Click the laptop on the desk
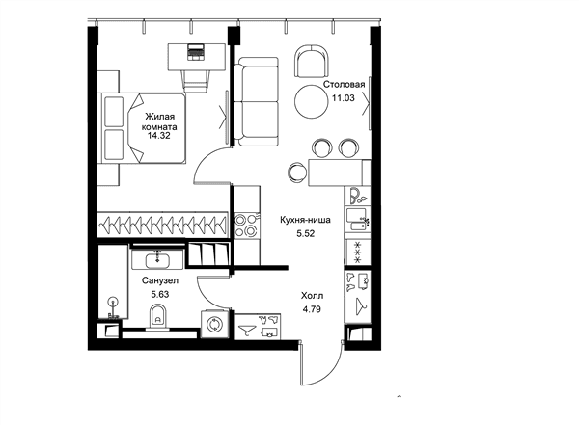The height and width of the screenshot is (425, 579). coord(196,52)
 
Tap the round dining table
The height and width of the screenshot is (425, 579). coord(312,101)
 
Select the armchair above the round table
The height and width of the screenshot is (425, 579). coord(312,62)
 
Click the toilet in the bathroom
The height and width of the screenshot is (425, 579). coord(158,316)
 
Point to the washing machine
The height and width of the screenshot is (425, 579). coord(214,324)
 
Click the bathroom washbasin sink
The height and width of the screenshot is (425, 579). coord(157,260)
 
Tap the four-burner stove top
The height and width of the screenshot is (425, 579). coord(246,226)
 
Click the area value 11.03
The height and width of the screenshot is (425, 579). coord(344,98)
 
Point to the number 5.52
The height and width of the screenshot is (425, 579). coord(306,233)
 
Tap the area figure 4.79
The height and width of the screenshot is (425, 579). coord(312,309)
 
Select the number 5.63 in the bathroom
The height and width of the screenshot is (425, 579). coord(160,294)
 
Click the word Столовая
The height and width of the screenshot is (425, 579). coord(345,84)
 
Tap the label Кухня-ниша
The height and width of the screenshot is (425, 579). coord(305,220)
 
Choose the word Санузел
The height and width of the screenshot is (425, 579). coord(160,280)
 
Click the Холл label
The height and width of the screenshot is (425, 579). coord(312,296)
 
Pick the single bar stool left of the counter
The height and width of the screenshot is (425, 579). coord(297,171)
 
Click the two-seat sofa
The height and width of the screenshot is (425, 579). coord(257,102)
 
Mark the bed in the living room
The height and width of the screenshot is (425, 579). coord(143,127)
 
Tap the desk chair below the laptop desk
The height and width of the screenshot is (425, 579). coord(196,81)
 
